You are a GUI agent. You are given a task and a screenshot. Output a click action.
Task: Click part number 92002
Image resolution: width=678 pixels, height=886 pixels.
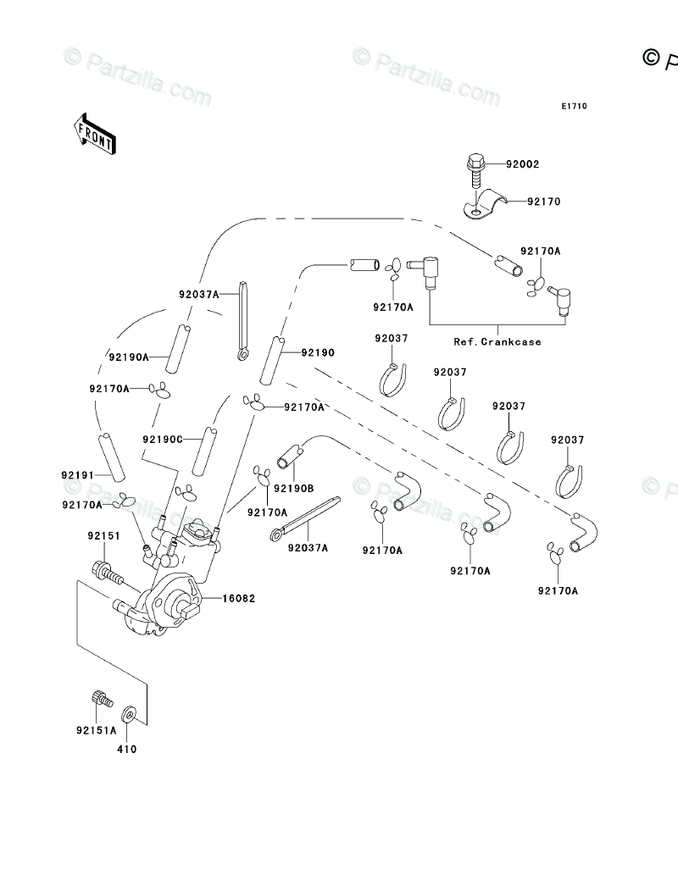point(523,164)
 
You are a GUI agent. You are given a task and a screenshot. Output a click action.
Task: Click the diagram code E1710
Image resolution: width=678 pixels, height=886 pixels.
point(574,107)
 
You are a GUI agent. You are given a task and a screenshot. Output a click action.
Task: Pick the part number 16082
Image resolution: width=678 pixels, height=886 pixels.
point(238,599)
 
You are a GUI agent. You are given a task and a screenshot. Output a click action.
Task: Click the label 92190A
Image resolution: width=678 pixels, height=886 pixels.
point(129,357)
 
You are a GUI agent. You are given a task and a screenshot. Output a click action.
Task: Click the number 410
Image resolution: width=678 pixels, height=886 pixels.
point(127,749)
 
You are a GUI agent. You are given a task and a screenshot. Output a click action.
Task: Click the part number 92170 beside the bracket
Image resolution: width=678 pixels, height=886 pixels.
point(543,202)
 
